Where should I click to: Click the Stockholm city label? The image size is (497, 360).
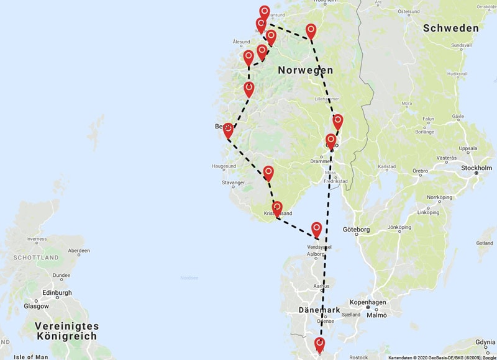[x=476, y=168]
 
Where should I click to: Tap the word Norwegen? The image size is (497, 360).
[x=305, y=70]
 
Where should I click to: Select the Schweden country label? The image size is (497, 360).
[x=450, y=28]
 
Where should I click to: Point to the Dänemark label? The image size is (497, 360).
[x=318, y=310]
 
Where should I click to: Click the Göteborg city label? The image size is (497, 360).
[x=355, y=230]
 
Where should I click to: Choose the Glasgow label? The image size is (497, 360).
[x=36, y=306]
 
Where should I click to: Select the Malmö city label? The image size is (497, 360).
[x=376, y=315]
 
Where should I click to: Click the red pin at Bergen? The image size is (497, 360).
[x=228, y=130]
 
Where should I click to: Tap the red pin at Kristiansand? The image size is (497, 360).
[x=277, y=207]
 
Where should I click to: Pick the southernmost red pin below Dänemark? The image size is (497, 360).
[x=320, y=344]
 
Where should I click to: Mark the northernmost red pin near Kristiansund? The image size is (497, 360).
[x=265, y=12]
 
